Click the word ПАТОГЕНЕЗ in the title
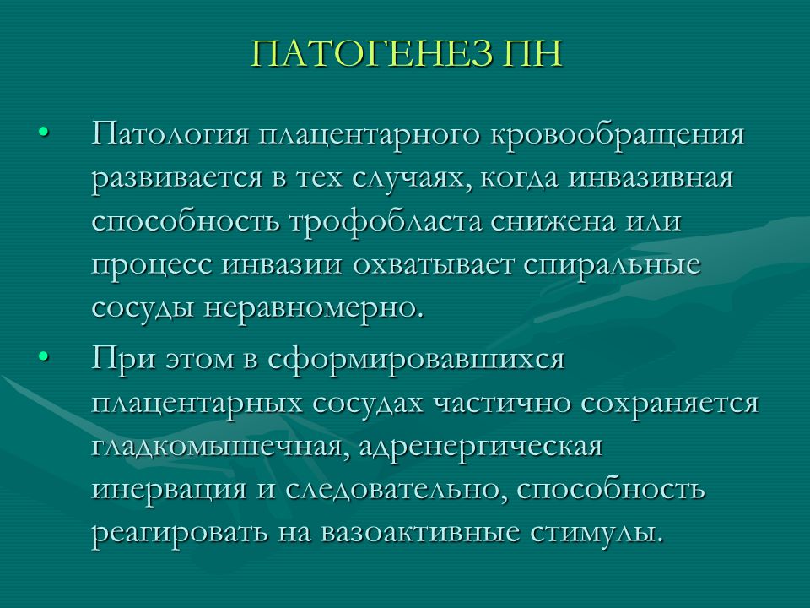tap(371, 52)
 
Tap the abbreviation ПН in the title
tap(532, 52)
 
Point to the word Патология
tap(171, 135)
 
